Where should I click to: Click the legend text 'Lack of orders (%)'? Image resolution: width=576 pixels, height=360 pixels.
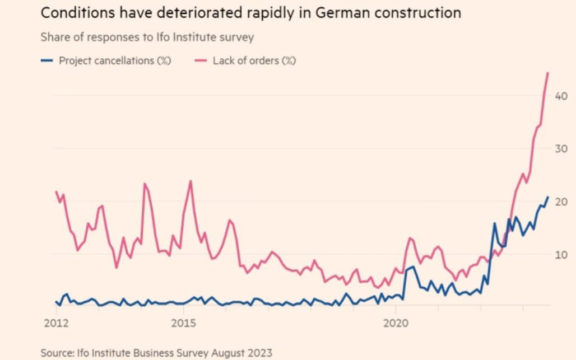click(x=254, y=60)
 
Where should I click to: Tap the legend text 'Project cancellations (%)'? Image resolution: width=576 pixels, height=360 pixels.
click(x=115, y=60)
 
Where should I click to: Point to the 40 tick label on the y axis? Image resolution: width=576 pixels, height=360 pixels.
click(x=561, y=96)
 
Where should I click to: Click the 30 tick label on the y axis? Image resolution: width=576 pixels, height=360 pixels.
click(x=561, y=148)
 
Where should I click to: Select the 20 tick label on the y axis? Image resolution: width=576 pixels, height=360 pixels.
click(x=561, y=202)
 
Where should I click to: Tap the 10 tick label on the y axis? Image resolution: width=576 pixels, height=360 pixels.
click(x=561, y=254)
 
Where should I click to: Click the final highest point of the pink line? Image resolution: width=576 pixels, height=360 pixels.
click(x=547, y=73)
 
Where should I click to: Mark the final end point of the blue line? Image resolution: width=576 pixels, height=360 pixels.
click(x=548, y=197)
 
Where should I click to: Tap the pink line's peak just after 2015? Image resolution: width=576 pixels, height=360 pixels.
click(x=191, y=181)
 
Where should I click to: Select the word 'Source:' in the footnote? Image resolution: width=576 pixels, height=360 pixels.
click(x=57, y=353)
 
